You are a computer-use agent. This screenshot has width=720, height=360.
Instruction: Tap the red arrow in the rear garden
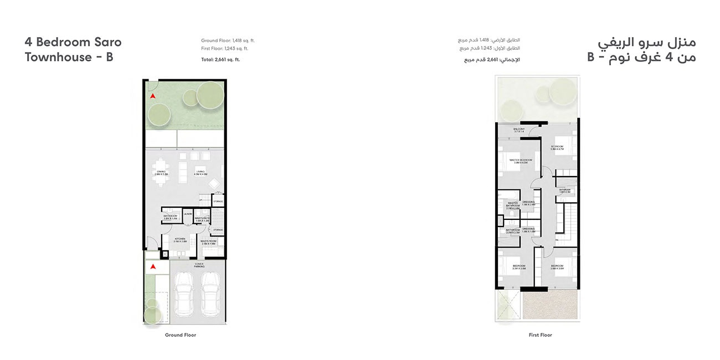point(153,96)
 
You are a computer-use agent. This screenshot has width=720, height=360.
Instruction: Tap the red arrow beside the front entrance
point(153,267)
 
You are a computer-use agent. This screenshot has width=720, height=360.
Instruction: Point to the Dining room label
point(161,173)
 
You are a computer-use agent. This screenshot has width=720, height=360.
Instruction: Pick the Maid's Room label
point(209,241)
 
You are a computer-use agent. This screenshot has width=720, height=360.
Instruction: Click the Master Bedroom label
point(520,161)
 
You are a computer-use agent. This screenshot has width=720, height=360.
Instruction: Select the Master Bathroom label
point(513,205)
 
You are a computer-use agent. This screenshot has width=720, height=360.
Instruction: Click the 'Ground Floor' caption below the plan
point(181,335)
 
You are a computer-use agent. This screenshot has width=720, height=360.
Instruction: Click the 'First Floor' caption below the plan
point(540,335)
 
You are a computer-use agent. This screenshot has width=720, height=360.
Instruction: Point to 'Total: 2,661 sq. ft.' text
point(220,59)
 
